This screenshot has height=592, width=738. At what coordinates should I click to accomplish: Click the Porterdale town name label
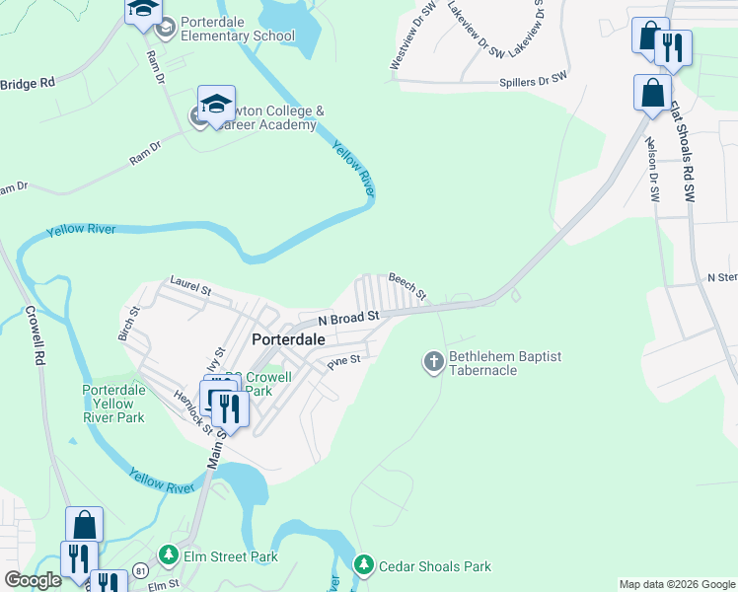click(287, 338)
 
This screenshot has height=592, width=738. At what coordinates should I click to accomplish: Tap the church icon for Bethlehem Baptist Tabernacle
click(433, 363)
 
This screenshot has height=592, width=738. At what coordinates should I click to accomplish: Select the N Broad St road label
click(348, 318)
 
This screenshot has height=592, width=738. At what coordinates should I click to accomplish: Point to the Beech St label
click(406, 287)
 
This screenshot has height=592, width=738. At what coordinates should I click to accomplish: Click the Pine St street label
click(345, 362)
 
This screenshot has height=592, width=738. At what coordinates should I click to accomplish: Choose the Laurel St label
click(190, 286)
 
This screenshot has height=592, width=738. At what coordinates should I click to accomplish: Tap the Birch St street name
click(129, 323)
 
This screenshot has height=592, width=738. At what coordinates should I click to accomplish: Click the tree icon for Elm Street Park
click(169, 556)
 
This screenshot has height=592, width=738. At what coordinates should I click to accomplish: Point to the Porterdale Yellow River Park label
click(113, 404)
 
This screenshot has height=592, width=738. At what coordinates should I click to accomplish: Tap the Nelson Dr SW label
click(652, 169)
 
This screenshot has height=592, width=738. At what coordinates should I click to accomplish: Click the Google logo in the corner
click(33, 580)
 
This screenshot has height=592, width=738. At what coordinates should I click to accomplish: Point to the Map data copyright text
click(677, 584)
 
